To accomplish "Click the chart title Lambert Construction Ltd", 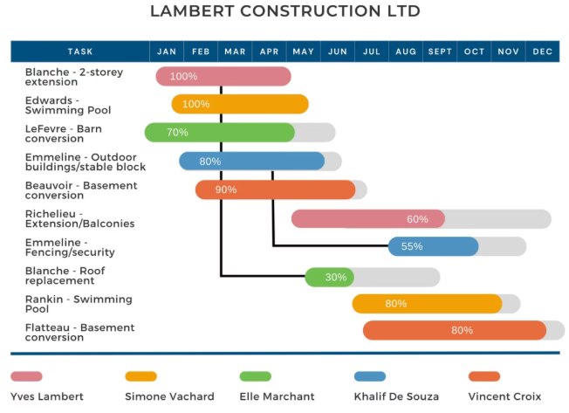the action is pyautogui.click(x=285, y=10).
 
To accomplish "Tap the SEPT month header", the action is pyautogui.click(x=440, y=52).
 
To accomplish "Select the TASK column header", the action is pyautogui.click(x=80, y=52).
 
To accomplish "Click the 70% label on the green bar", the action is pyautogui.click(x=177, y=133).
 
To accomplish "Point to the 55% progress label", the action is pyautogui.click(x=412, y=246).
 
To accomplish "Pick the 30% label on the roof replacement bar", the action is pyautogui.click(x=336, y=278).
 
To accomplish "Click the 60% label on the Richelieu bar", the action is pyautogui.click(x=417, y=219).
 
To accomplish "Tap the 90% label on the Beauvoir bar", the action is pyautogui.click(x=226, y=189).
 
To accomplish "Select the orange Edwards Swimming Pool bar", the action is pyautogui.click(x=240, y=104).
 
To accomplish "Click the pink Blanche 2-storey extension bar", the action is pyautogui.click(x=223, y=76).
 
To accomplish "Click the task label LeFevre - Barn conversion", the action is pyautogui.click(x=64, y=134).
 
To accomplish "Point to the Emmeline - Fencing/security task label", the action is pyautogui.click(x=70, y=247).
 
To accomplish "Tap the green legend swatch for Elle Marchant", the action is pyautogui.click(x=256, y=376).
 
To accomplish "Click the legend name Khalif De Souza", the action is pyautogui.click(x=396, y=396).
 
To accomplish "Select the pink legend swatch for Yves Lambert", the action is pyautogui.click(x=26, y=376).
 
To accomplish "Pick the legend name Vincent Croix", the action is pyautogui.click(x=504, y=396).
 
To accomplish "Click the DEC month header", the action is pyautogui.click(x=543, y=52).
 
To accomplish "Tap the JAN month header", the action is pyautogui.click(x=167, y=52).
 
